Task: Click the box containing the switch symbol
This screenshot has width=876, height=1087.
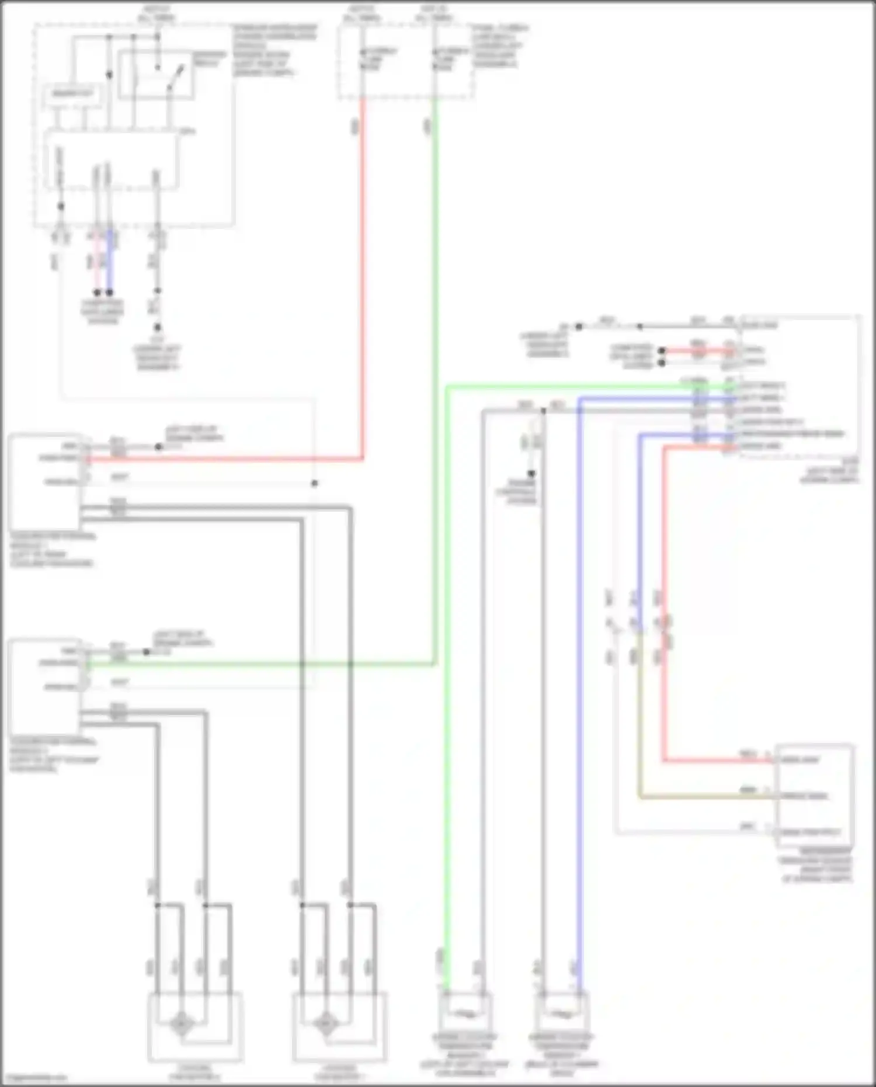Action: click(156, 74)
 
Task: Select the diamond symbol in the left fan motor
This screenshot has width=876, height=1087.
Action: click(181, 1025)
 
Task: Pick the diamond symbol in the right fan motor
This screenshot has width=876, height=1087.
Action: click(325, 1025)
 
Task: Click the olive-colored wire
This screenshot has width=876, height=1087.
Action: click(701, 796)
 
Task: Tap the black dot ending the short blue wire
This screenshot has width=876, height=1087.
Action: click(110, 292)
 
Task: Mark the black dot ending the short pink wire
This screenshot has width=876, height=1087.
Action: click(97, 292)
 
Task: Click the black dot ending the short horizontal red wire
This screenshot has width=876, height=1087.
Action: click(662, 351)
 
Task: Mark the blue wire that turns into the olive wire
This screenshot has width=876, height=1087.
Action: click(641, 526)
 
